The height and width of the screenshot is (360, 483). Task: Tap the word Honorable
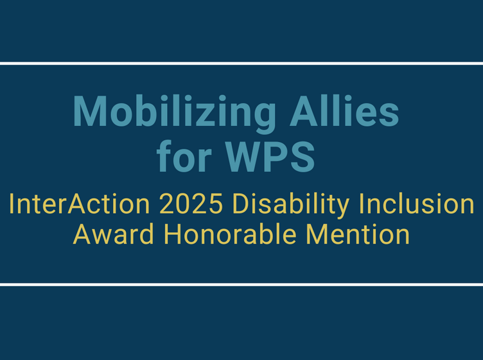pos(229,234)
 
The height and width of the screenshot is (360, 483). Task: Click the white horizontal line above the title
pos(241,63)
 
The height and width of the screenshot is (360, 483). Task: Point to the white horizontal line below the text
pos(241,284)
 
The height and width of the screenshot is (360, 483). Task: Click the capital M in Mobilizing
pos(90,112)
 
